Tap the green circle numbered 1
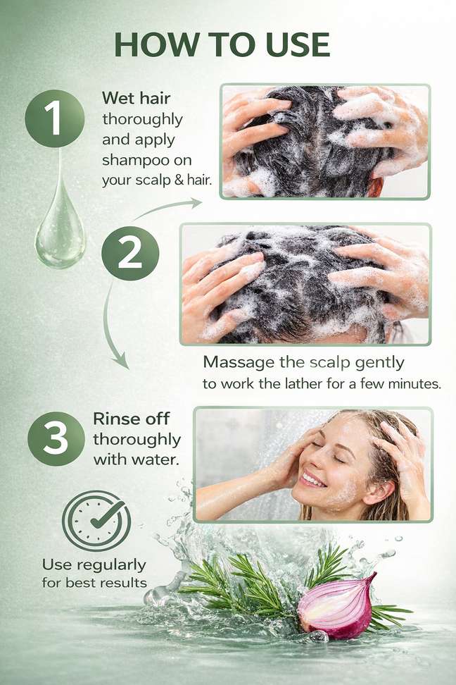pyautogui.click(x=55, y=118)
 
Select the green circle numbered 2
pyautogui.click(x=130, y=254)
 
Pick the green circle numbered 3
pyautogui.click(x=56, y=438)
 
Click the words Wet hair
pyautogui.click(x=136, y=98)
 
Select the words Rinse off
pyautogui.click(x=131, y=419)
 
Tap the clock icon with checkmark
pyautogui.click(x=96, y=521)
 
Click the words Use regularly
pyautogui.click(x=94, y=565)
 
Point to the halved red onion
pyautogui.click(x=337, y=607)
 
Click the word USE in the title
pyautogui.click(x=298, y=44)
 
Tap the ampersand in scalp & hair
pyautogui.click(x=179, y=179)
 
